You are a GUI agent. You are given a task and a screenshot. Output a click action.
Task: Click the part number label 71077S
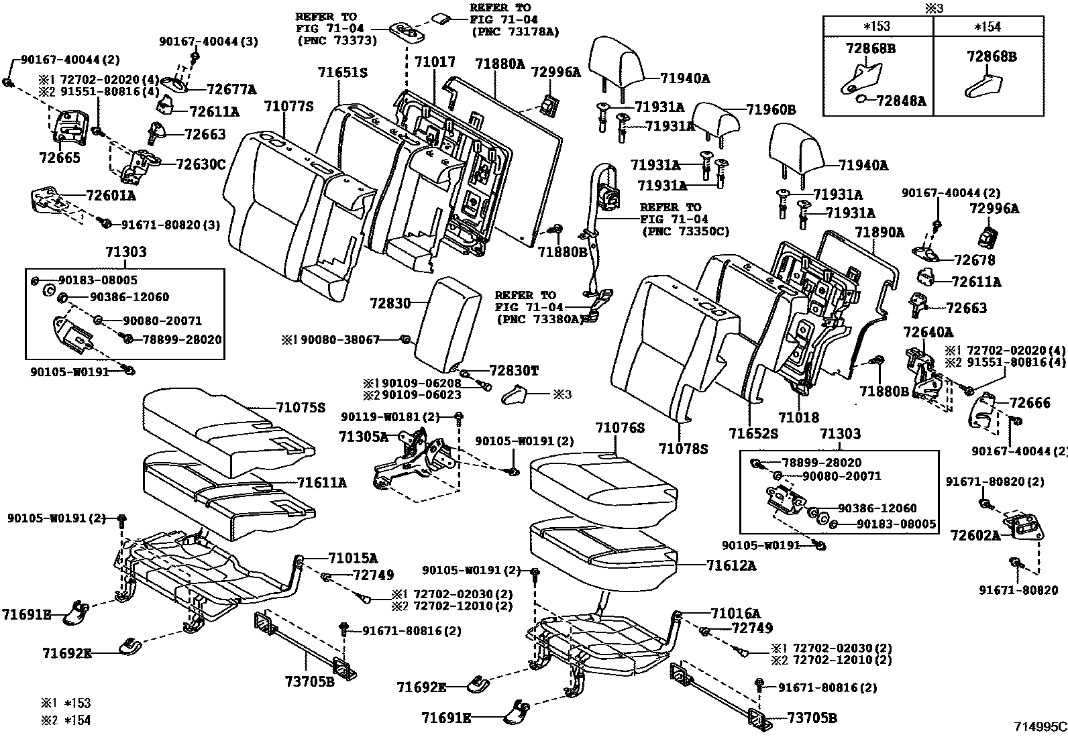[288, 106]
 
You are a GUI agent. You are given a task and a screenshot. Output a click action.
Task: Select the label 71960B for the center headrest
[770, 109]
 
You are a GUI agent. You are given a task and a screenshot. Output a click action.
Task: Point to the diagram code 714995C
[1039, 726]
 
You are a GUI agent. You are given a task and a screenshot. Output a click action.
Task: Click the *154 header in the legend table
[988, 26]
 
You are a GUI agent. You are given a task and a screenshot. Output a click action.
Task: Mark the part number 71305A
[363, 437]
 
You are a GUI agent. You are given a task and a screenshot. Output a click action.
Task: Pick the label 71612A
[731, 566]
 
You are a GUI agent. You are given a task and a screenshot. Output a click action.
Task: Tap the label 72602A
[975, 535]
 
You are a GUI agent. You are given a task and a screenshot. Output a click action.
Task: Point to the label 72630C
[201, 164]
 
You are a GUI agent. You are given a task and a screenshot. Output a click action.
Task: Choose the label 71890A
[879, 233]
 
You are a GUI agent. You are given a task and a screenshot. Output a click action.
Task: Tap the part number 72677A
[231, 89]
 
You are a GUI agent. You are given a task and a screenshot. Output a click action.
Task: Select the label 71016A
[736, 614]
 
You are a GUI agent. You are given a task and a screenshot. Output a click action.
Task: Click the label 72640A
[928, 332]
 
